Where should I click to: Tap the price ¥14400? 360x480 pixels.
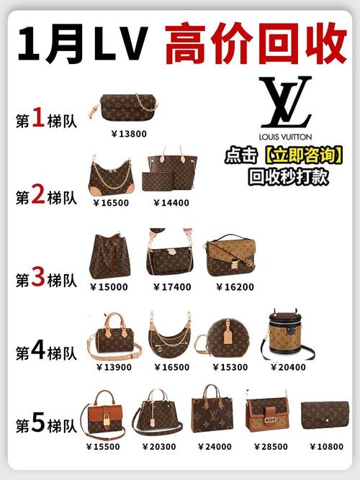171,202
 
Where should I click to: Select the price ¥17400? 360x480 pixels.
171,286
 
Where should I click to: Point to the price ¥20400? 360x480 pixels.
287,366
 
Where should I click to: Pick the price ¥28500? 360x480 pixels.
267,446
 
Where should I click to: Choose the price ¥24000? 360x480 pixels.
211,446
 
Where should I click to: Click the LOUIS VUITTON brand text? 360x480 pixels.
286,135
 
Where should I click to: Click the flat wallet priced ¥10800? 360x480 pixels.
324,415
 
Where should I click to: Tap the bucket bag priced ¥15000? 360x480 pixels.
109,256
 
